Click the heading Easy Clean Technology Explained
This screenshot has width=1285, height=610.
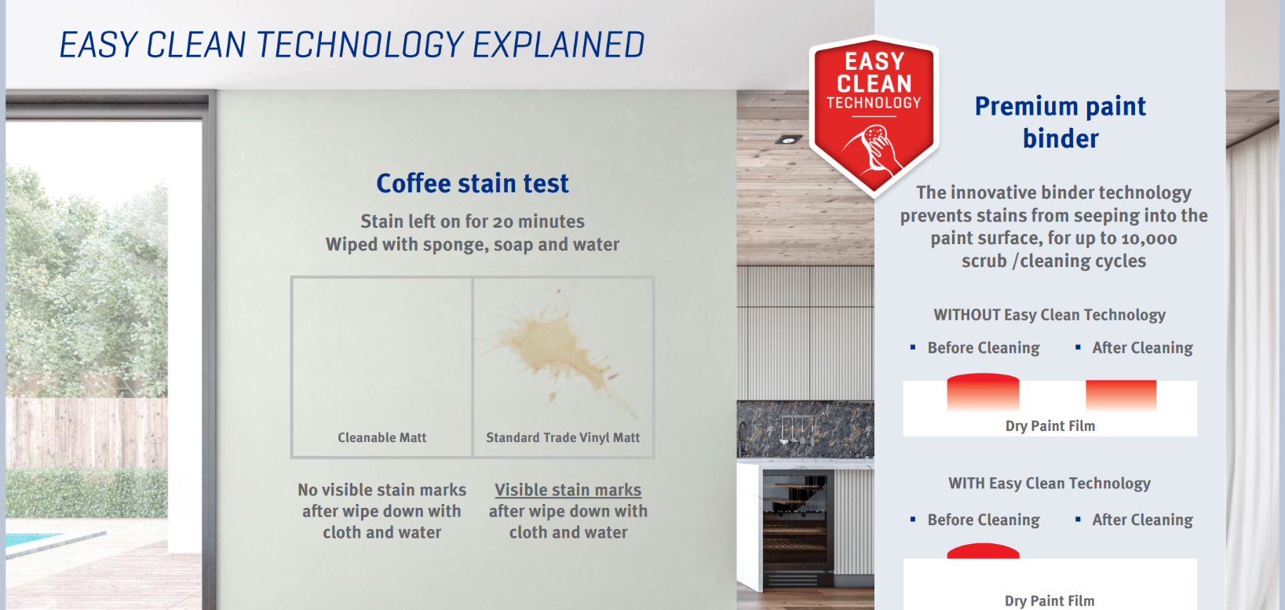point(352,45)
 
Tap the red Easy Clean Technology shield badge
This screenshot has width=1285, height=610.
point(874,115)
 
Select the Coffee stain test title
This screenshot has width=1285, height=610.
point(472,184)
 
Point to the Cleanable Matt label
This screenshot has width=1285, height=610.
point(382,437)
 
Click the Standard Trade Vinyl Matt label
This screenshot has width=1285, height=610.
point(563,437)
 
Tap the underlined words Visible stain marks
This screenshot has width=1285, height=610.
point(568,490)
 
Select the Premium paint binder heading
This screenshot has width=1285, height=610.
point(1060,122)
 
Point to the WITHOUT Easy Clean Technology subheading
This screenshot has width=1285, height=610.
point(1050,315)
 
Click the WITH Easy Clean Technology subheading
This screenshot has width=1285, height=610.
point(1050,483)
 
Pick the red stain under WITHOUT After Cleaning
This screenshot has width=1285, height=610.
point(1121,395)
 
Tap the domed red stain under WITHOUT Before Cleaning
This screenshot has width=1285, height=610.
point(983,392)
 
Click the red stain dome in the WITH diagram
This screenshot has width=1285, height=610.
point(983,551)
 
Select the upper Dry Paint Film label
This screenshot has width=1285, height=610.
point(1050,426)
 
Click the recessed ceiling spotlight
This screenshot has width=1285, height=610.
point(788,140)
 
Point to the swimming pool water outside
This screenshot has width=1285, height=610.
point(31,539)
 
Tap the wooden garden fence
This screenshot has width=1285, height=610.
point(86,433)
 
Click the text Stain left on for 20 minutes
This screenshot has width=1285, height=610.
point(472,221)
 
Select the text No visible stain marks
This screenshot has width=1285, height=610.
point(381,490)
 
